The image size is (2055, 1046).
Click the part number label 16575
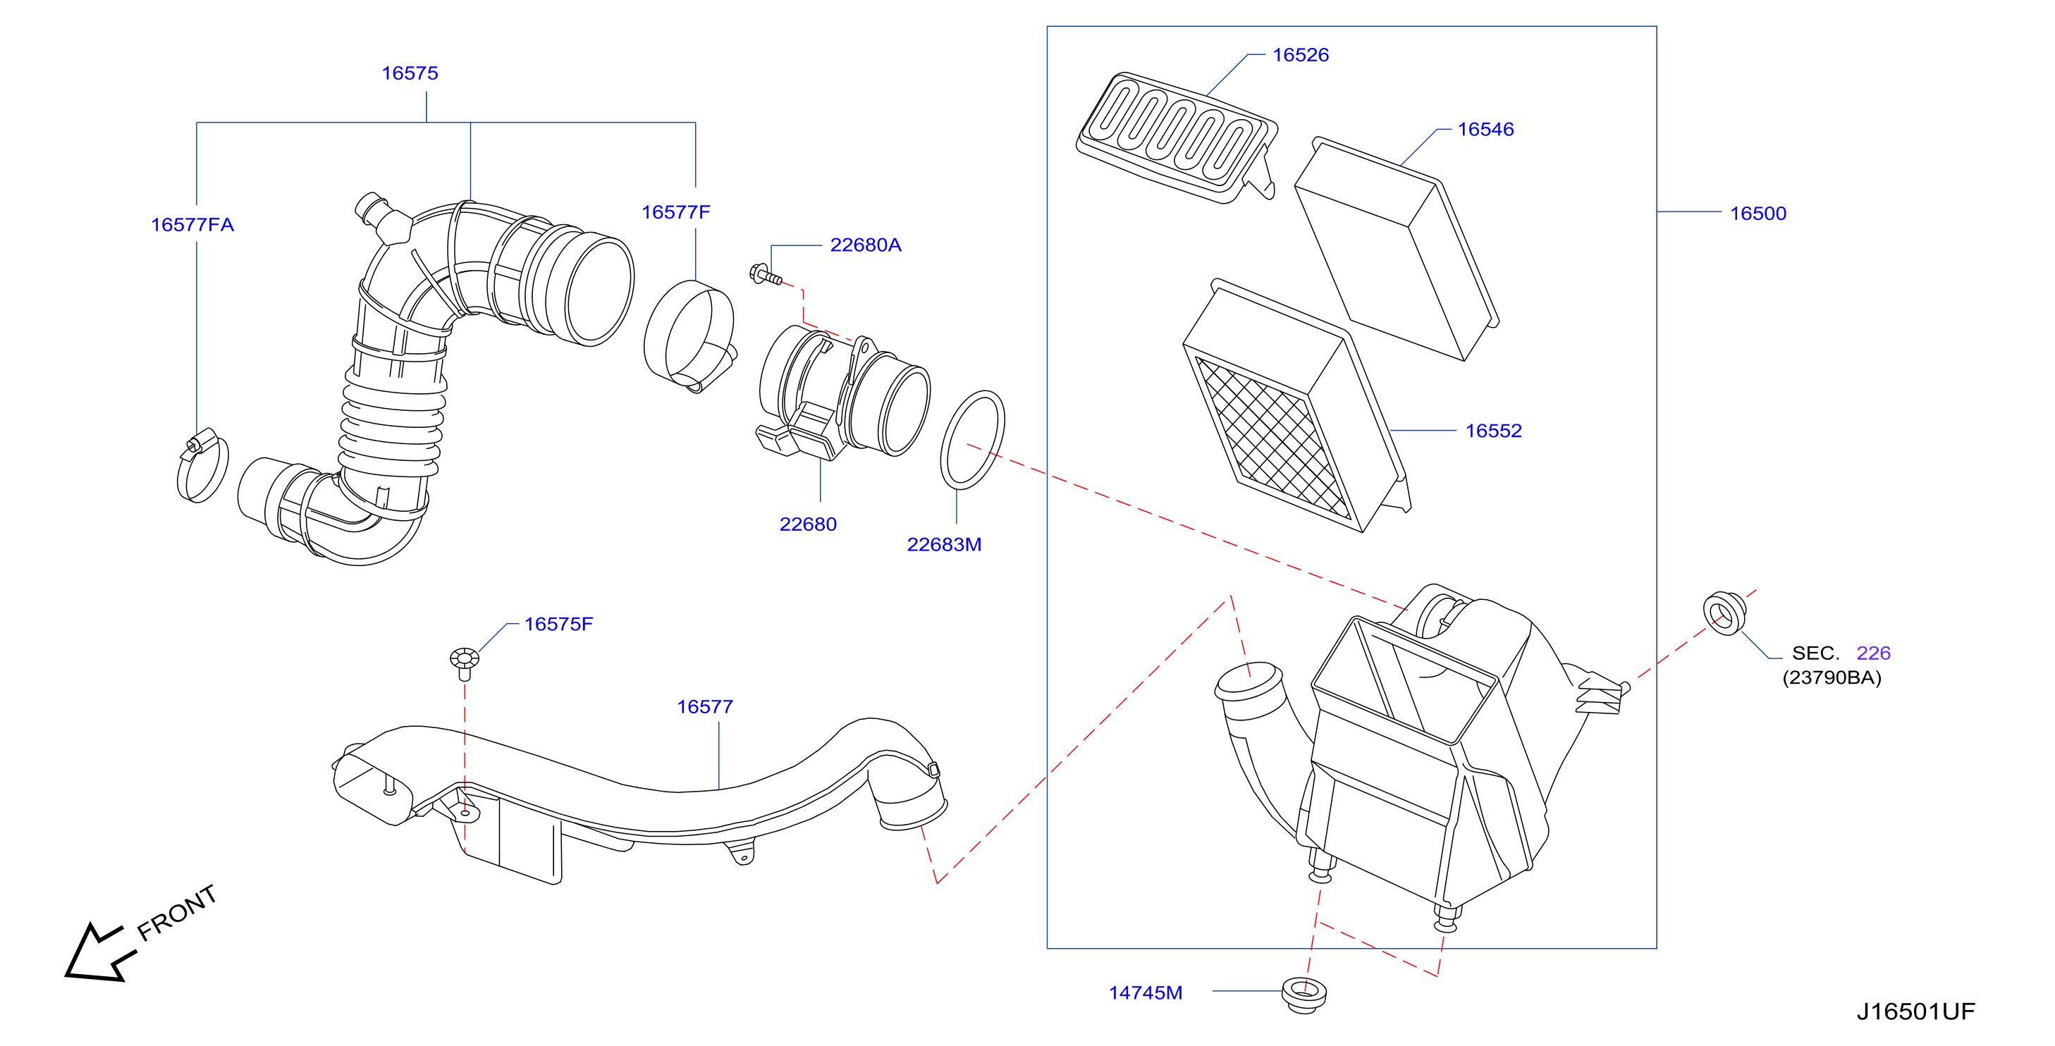tap(410, 73)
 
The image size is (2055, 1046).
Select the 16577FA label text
tap(192, 225)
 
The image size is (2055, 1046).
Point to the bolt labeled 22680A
tap(766, 276)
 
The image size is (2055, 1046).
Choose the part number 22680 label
tap(808, 524)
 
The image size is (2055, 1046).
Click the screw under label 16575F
tap(465, 663)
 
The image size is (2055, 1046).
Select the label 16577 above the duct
tap(704, 707)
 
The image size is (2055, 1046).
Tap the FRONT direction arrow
tap(96, 954)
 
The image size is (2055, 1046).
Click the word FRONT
tap(176, 913)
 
